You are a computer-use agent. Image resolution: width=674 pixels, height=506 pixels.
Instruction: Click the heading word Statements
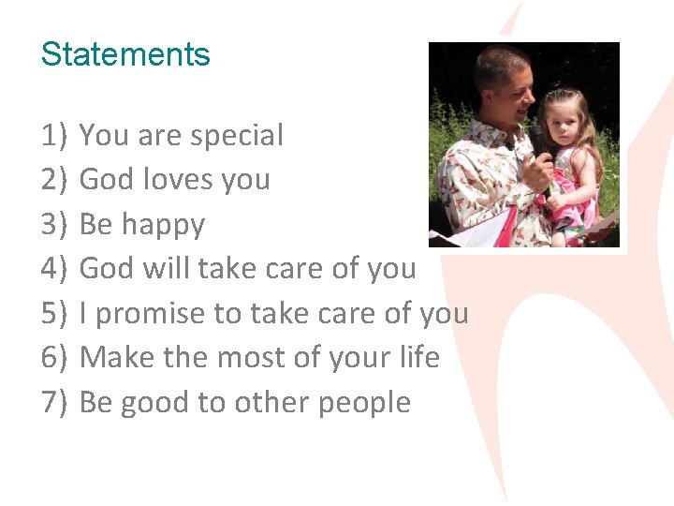point(125,54)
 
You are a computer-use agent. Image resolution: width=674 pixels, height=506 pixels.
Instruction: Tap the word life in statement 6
point(417,358)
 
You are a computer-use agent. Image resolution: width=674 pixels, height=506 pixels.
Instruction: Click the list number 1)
point(55,136)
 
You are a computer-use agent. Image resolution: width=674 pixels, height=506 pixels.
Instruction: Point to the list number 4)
point(55,269)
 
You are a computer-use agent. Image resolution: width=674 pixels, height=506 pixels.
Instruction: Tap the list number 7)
point(55,403)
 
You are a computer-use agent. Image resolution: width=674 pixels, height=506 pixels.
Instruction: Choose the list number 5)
point(55,314)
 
